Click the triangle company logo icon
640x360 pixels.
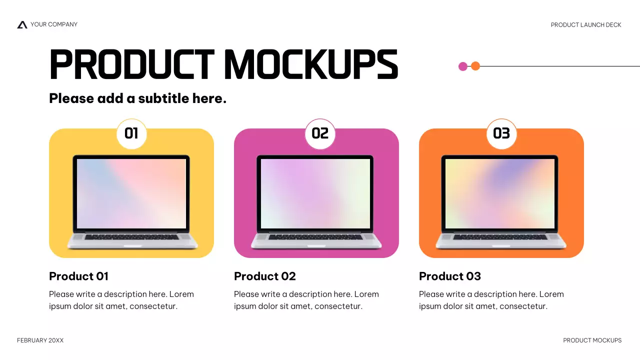click(22, 24)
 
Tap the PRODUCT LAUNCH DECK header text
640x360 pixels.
click(586, 25)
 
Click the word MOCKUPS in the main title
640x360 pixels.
click(310, 65)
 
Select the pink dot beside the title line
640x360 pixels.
click(463, 66)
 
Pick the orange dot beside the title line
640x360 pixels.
click(475, 66)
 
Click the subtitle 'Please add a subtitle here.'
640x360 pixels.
click(137, 98)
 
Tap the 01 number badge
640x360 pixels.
click(131, 133)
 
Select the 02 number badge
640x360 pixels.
click(320, 133)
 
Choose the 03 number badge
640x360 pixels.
click(501, 133)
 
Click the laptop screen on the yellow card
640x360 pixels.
click(131, 193)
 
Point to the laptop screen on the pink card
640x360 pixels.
click(315, 193)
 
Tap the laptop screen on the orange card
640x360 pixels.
click(500, 193)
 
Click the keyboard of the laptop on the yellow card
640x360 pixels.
click(131, 237)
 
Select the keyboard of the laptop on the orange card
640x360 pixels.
click(500, 237)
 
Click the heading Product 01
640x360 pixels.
click(78, 276)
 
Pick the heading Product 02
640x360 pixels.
click(265, 276)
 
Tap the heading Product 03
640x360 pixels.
click(450, 276)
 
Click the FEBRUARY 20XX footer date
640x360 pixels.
click(40, 340)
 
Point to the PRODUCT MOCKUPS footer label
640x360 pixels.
click(592, 340)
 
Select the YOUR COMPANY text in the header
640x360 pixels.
click(54, 24)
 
